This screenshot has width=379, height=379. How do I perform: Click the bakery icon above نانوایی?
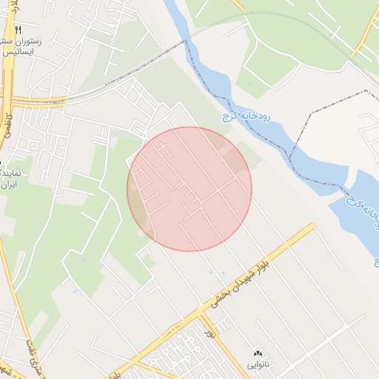(x=258, y=352)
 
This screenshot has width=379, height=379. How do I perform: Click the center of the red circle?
(x=189, y=189)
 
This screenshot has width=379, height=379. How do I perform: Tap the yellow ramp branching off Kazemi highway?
(x=44, y=99)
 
